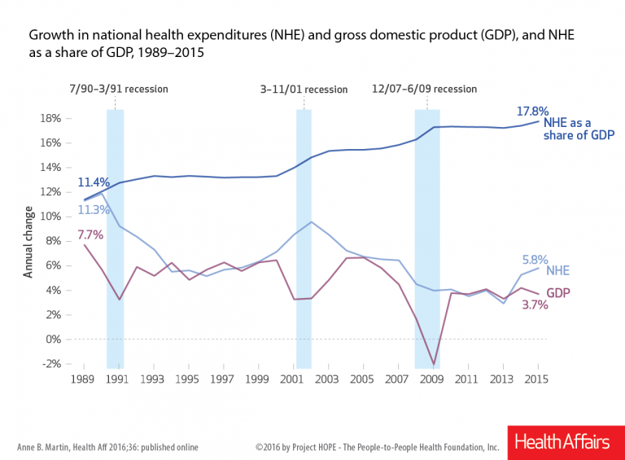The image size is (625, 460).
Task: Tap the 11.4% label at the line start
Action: (92, 182)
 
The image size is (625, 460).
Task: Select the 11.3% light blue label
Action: (92, 210)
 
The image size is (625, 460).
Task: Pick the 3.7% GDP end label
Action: (535, 306)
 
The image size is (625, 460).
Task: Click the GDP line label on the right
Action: (557, 291)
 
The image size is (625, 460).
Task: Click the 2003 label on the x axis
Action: (328, 379)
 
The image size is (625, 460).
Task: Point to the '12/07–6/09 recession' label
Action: (425, 89)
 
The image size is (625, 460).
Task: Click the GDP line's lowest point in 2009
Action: (434, 365)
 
